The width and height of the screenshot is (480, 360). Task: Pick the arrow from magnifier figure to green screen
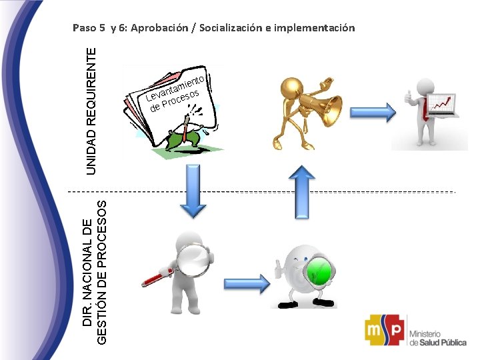click(247, 284)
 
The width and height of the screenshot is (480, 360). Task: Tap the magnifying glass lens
click(197, 260)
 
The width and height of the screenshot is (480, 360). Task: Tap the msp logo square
click(384, 329)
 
